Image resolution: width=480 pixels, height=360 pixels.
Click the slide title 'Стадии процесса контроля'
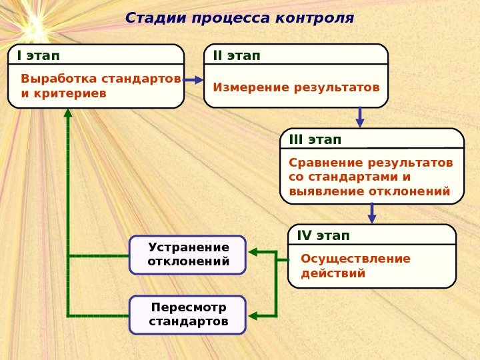(x=239, y=17)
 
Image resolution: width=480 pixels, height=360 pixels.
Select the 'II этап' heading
(x=237, y=55)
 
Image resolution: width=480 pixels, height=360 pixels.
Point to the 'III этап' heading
(x=315, y=139)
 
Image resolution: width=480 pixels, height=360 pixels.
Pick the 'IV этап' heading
(x=323, y=235)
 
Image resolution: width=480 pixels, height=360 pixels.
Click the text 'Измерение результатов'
(x=296, y=87)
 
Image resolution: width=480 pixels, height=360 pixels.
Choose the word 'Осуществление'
(x=356, y=259)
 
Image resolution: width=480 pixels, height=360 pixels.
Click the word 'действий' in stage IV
(x=333, y=273)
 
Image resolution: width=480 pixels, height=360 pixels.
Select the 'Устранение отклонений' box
(x=188, y=255)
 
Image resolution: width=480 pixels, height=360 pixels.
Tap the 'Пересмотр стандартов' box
(x=188, y=315)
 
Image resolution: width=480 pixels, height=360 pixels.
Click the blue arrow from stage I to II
(x=193, y=79)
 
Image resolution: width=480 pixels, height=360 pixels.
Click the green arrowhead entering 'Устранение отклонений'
(x=252, y=253)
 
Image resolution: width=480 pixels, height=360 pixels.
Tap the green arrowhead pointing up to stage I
(x=68, y=113)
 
